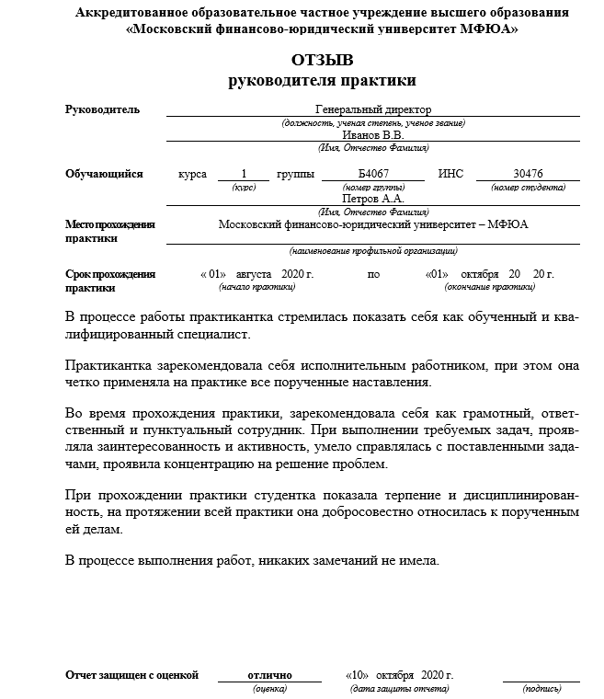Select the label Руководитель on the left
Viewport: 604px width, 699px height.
tap(103, 109)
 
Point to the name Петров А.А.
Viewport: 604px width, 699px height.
tap(372, 198)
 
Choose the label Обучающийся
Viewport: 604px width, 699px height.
tap(104, 173)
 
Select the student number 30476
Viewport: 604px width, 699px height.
tap(528, 173)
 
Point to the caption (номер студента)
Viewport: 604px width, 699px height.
tap(528, 187)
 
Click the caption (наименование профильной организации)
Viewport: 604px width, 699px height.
tap(372, 250)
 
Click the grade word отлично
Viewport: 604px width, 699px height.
tap(269, 675)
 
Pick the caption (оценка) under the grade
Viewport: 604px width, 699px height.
tap(269, 688)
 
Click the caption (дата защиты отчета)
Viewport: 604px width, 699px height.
tap(401, 688)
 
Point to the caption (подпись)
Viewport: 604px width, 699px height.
tap(541, 688)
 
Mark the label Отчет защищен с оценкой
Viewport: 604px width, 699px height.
tap(131, 675)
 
